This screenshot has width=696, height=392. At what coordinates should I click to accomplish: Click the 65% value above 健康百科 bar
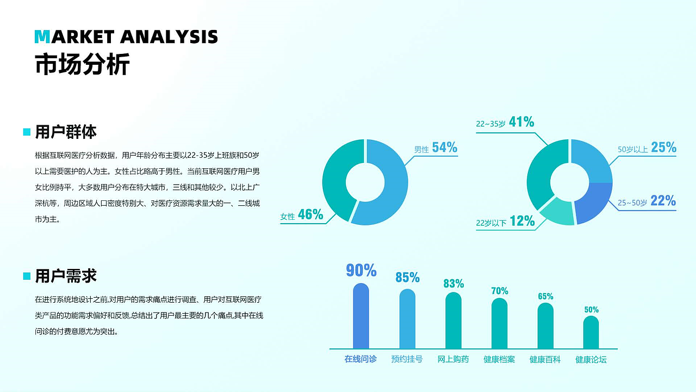[545, 297]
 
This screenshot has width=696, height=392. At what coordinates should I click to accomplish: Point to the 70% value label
[499, 291]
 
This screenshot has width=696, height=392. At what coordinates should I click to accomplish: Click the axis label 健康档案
[499, 360]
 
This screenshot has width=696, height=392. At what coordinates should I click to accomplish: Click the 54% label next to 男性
[444, 148]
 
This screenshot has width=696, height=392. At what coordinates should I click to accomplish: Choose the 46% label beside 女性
[310, 215]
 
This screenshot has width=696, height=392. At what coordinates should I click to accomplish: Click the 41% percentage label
[521, 122]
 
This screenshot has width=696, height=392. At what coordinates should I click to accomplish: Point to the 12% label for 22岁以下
[522, 221]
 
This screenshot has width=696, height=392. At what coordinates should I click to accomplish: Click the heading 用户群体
[66, 132]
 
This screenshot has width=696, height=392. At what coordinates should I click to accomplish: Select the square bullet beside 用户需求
[27, 277]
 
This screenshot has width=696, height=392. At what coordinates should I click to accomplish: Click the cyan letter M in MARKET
[42, 36]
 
